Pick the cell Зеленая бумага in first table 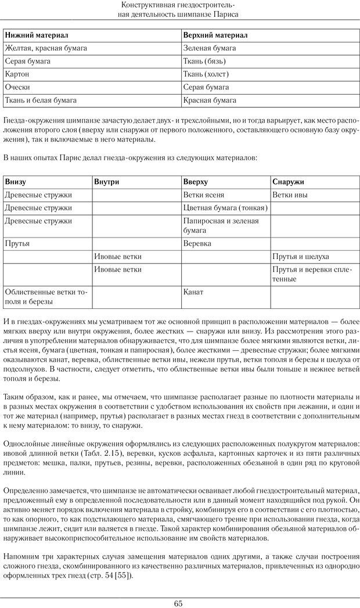(x=209, y=48)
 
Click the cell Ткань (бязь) (x=204, y=61)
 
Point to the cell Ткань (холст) (x=206, y=74)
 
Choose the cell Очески (x=17, y=87)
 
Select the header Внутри (x=107, y=182)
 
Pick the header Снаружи (x=288, y=182)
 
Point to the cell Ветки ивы (x=290, y=195)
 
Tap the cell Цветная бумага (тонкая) (x=225, y=208)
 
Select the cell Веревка (x=197, y=243)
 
